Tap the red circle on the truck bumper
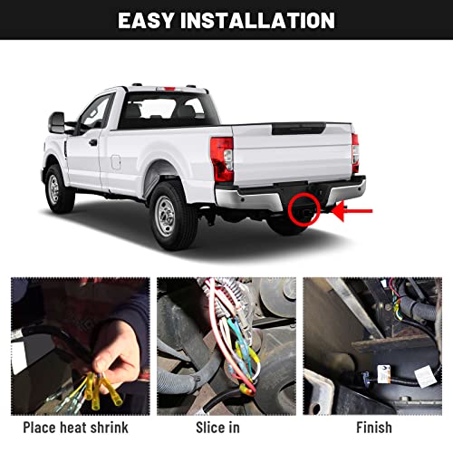(x=298, y=212)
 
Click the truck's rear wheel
(x=169, y=214)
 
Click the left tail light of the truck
(x=221, y=159)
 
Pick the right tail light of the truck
(x=355, y=153)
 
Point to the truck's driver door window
(x=96, y=113)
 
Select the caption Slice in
(x=224, y=427)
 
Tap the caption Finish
(x=373, y=427)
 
